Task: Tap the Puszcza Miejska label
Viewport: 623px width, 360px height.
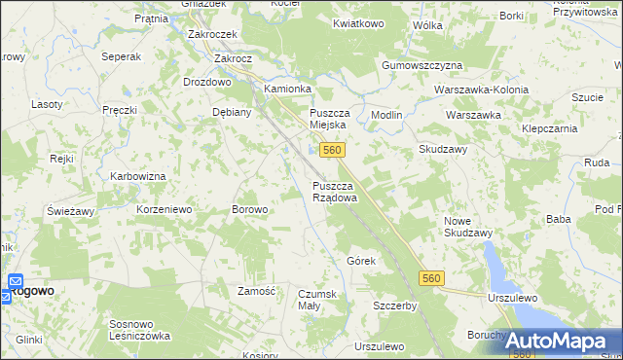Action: [x=335, y=119]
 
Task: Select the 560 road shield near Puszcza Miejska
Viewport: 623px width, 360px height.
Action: [x=332, y=150]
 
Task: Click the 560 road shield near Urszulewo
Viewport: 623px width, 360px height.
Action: [x=433, y=279]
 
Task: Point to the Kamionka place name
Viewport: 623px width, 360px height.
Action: [x=287, y=89]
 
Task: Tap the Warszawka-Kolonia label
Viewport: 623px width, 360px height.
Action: [x=483, y=90]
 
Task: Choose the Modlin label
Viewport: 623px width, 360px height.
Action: [x=386, y=115]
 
